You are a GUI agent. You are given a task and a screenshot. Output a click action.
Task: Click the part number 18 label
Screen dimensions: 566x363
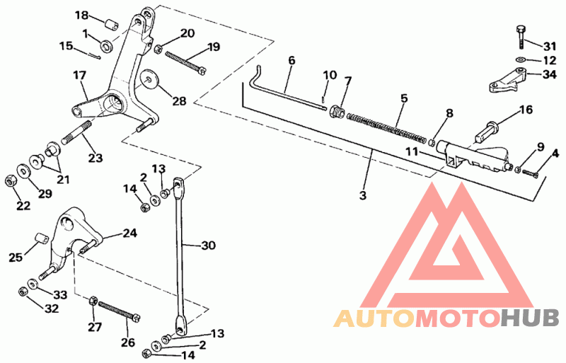pos(82,16)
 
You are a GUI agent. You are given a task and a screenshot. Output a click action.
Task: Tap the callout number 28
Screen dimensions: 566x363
pos(179,101)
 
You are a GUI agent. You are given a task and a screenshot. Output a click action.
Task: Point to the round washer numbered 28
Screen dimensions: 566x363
pos(149,79)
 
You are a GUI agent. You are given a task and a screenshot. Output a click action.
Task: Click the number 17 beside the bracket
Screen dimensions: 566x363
pos(79,75)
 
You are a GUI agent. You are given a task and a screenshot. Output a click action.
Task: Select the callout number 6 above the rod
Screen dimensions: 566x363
pos(291,61)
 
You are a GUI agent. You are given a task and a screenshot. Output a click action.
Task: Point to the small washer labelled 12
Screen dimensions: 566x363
pos(520,60)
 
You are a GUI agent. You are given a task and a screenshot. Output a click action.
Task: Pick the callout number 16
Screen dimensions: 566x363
pos(524,110)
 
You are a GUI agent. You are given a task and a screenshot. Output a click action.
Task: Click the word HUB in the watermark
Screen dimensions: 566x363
pos(529,319)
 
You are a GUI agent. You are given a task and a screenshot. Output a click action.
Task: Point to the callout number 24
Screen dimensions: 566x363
pos(129,233)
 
